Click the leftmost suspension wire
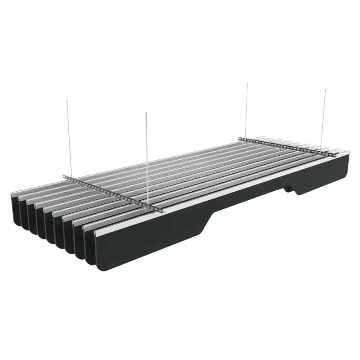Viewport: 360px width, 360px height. click(69, 135)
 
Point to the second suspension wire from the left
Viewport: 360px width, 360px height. click(147, 157)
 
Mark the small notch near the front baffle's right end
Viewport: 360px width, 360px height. click(290, 189)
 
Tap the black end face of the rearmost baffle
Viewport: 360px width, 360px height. click(16, 207)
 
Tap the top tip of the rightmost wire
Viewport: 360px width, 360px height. click(325, 89)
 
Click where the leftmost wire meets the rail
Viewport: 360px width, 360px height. click(71, 177)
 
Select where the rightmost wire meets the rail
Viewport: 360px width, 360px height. click(321, 151)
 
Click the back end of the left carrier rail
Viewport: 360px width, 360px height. click(64, 176)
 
